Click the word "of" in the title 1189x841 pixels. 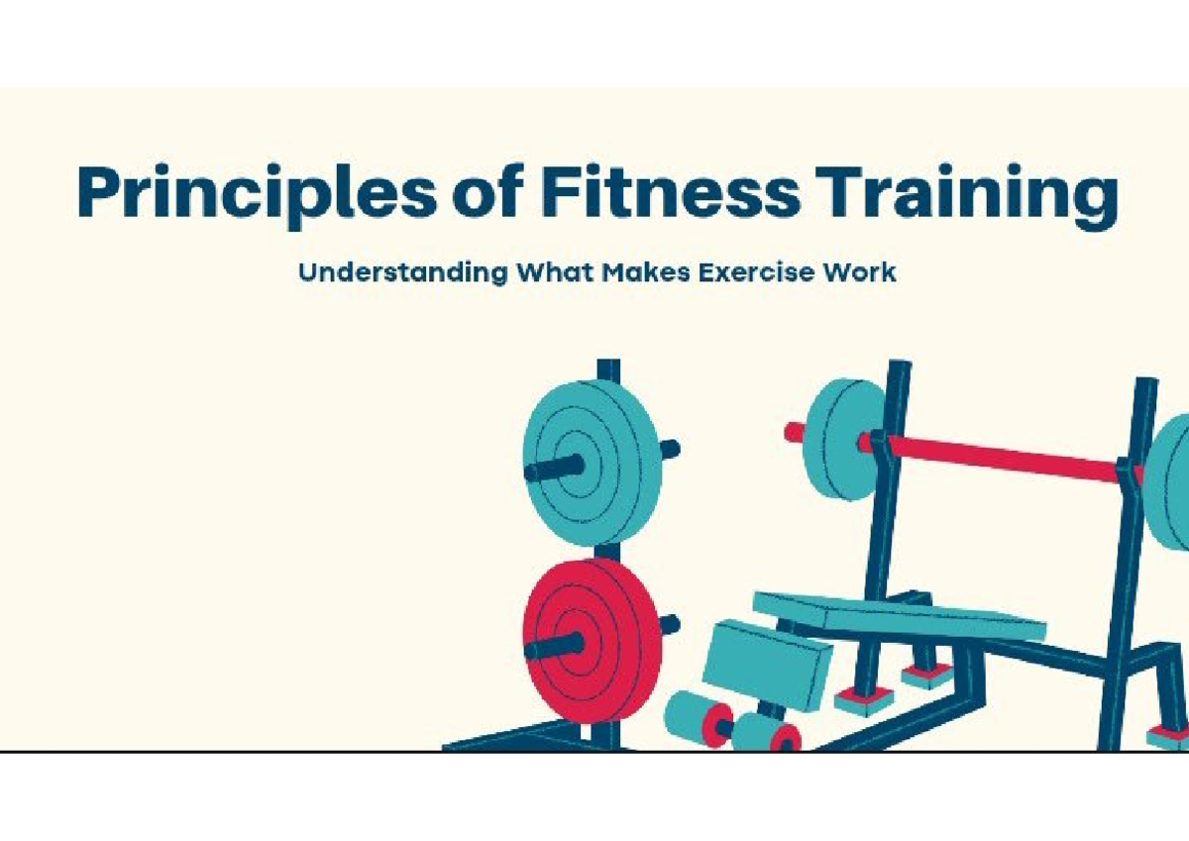[488, 191]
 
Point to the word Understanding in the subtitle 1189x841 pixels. [403, 273]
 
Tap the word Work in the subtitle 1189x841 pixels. [859, 272]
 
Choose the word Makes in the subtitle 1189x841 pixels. [646, 272]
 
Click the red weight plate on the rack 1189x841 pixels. [592, 641]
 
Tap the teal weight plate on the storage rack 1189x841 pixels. [592, 463]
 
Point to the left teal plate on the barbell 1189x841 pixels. [844, 440]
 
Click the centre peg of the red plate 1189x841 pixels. [555, 646]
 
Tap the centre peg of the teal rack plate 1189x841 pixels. [555, 468]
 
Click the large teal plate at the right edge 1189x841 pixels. [1168, 482]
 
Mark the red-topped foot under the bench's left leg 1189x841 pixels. [864, 700]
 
